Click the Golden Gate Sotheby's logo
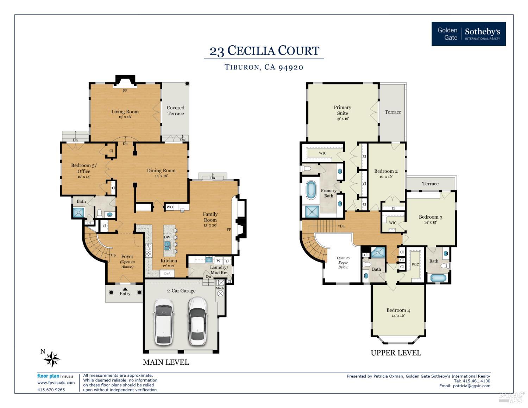[469, 34]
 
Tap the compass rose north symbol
[52, 359]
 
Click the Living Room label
[125, 112]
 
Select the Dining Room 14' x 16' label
[161, 173]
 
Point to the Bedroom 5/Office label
[84, 168]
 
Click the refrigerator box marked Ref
[167, 274]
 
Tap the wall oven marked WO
[170, 207]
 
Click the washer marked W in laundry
[219, 261]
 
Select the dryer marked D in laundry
[227, 261]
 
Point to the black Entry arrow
[125, 289]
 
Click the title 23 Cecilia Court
[264, 51]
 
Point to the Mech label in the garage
[220, 288]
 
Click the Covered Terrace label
[175, 111]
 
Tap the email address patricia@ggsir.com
[471, 386]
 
